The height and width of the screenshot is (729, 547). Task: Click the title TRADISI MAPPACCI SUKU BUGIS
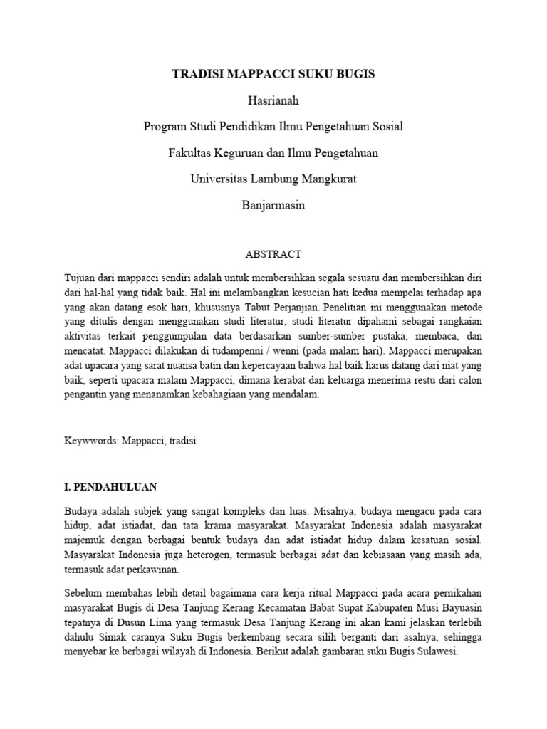pyautogui.click(x=273, y=74)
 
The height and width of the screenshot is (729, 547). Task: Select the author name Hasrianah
pyautogui.click(x=273, y=100)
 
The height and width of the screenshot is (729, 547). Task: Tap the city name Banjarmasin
pyautogui.click(x=273, y=205)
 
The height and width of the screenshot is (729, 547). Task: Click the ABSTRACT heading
pyautogui.click(x=273, y=253)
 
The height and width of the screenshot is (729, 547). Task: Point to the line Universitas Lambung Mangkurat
pyautogui.click(x=273, y=179)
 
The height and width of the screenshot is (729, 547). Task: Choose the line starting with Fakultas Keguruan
pyautogui.click(x=273, y=152)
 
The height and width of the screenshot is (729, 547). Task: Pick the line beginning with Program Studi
pyautogui.click(x=273, y=127)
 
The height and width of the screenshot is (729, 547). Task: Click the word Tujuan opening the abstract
pyautogui.click(x=81, y=276)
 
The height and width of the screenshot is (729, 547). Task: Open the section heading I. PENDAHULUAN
pyautogui.click(x=110, y=487)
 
